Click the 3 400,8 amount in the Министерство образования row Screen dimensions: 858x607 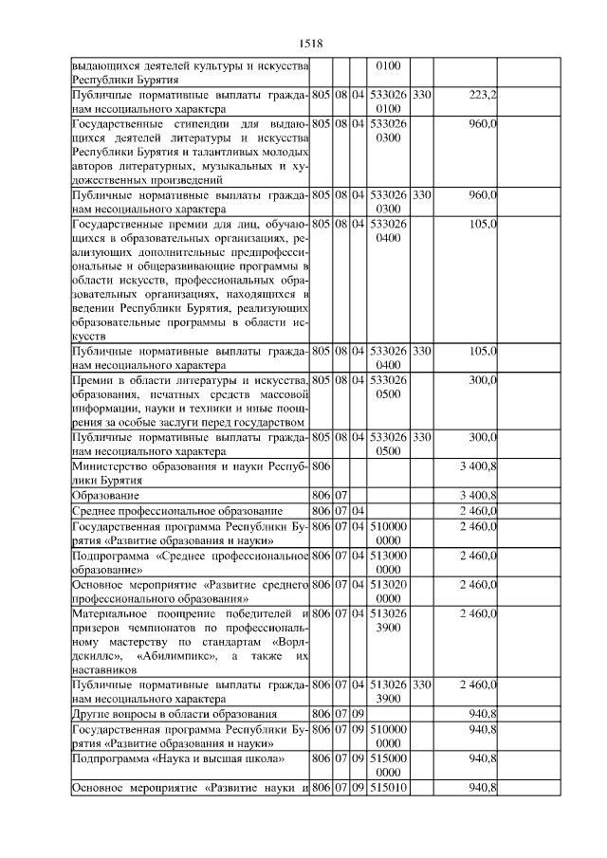point(477,466)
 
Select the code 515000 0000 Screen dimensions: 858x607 point(389,766)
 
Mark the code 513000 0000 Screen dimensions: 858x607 point(389,561)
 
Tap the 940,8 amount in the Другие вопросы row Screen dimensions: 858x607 point(482,713)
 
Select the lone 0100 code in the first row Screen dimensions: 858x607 point(389,66)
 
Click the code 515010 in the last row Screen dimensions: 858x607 point(389,789)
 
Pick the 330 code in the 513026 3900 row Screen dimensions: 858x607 point(422,684)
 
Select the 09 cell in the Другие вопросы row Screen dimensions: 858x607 point(359,713)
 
